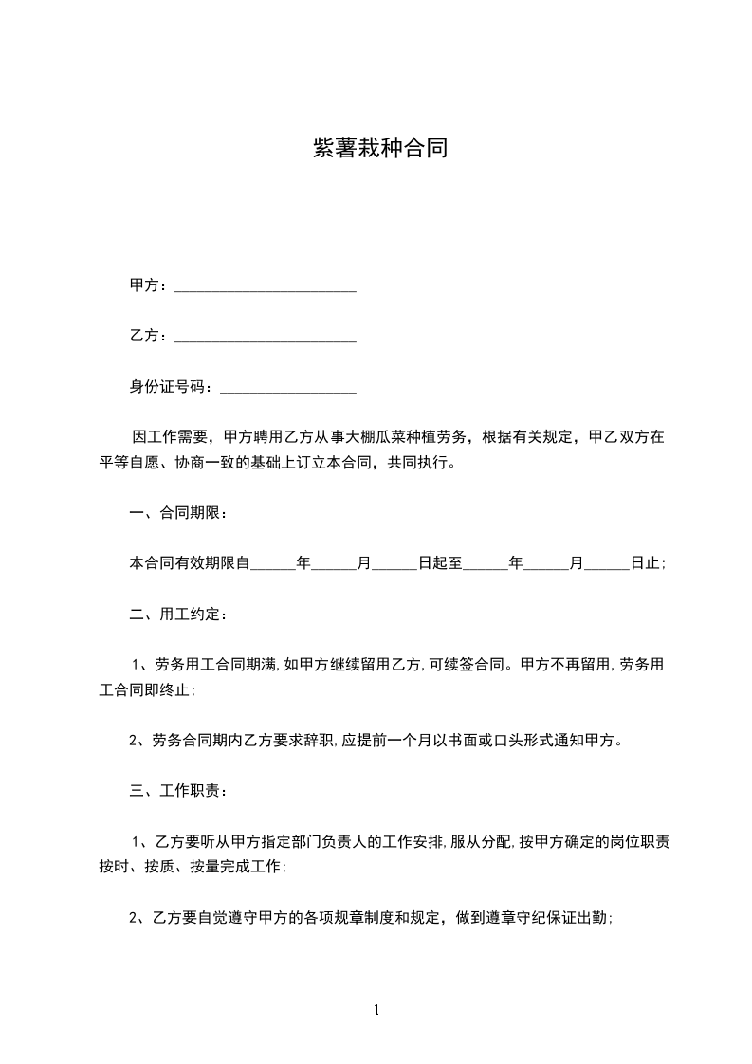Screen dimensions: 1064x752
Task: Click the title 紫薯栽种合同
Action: pyautogui.click(x=379, y=148)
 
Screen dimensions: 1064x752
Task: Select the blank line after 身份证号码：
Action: pyautogui.click(x=287, y=387)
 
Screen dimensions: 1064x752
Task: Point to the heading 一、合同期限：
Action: pyautogui.click(x=178, y=513)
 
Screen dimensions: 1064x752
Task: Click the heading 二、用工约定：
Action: pyautogui.click(x=178, y=614)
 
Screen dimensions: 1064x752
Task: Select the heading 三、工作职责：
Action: pyautogui.click(x=178, y=790)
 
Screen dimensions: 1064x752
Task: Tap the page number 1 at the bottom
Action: pyautogui.click(x=376, y=1010)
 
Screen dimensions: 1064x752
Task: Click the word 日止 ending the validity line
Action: pyautogui.click(x=647, y=563)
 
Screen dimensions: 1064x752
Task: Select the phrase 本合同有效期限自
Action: pyautogui.click(x=190, y=563)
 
